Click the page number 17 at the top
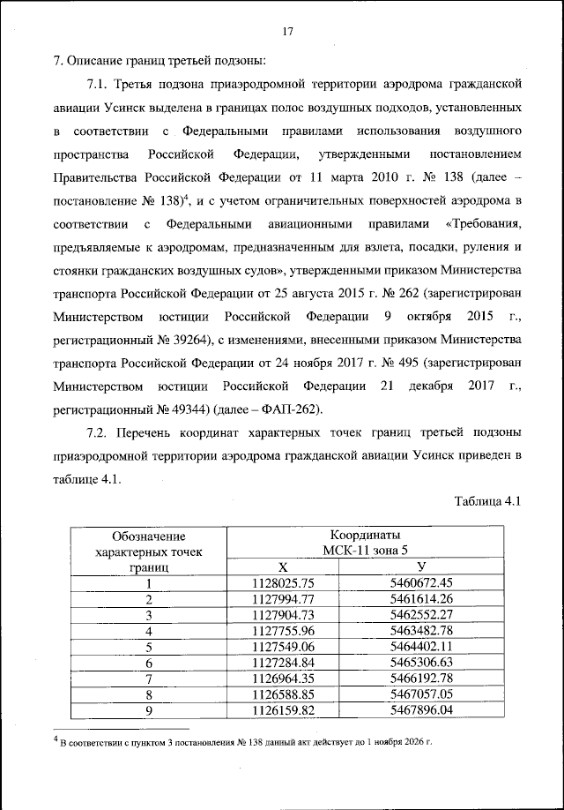point(286,32)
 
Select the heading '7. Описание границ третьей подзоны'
point(160,61)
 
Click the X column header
point(283,566)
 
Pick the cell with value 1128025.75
point(283,582)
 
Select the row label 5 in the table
point(149,646)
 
